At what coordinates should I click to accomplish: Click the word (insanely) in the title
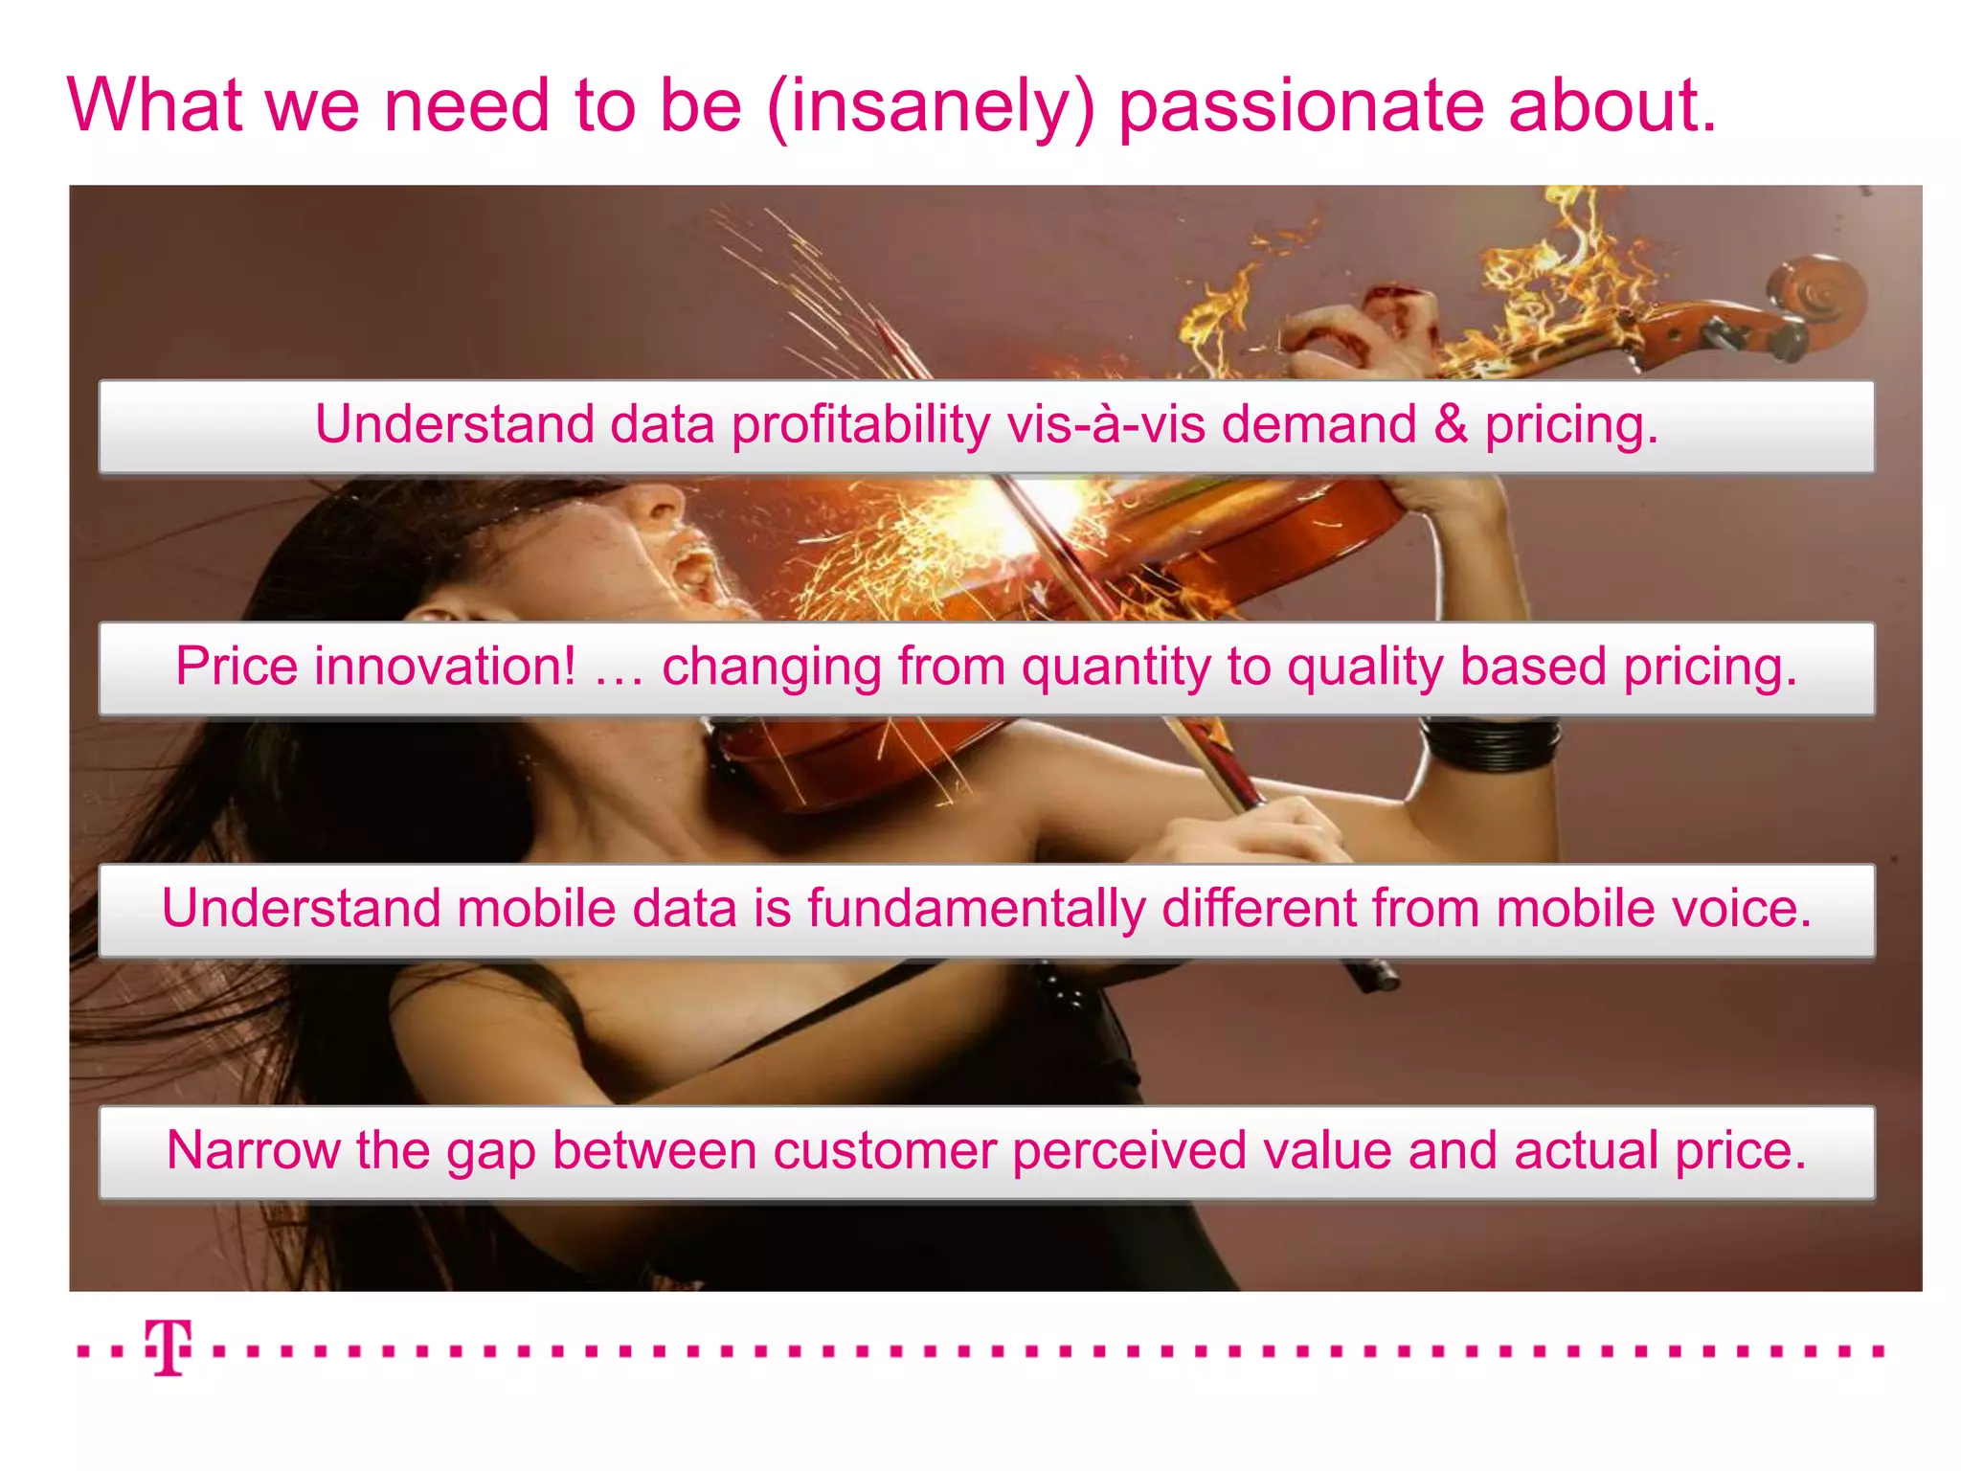pyautogui.click(x=930, y=107)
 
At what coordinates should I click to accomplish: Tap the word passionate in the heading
pyautogui.click(x=1301, y=107)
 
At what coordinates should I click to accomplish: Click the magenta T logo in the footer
pyautogui.click(x=169, y=1347)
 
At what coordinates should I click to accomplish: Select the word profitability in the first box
pyautogui.click(x=861, y=424)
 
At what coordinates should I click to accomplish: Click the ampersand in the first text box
pyautogui.click(x=1451, y=424)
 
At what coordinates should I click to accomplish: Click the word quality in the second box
pyautogui.click(x=1364, y=668)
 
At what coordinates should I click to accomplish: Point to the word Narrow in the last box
pyautogui.click(x=253, y=1150)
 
